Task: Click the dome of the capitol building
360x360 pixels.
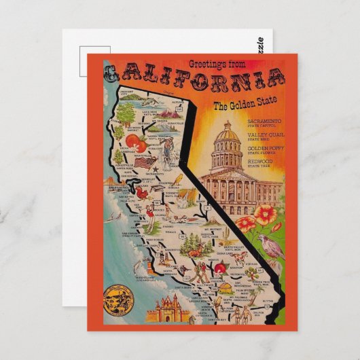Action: coord(227,136)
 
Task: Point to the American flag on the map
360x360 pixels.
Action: coord(143,163)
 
